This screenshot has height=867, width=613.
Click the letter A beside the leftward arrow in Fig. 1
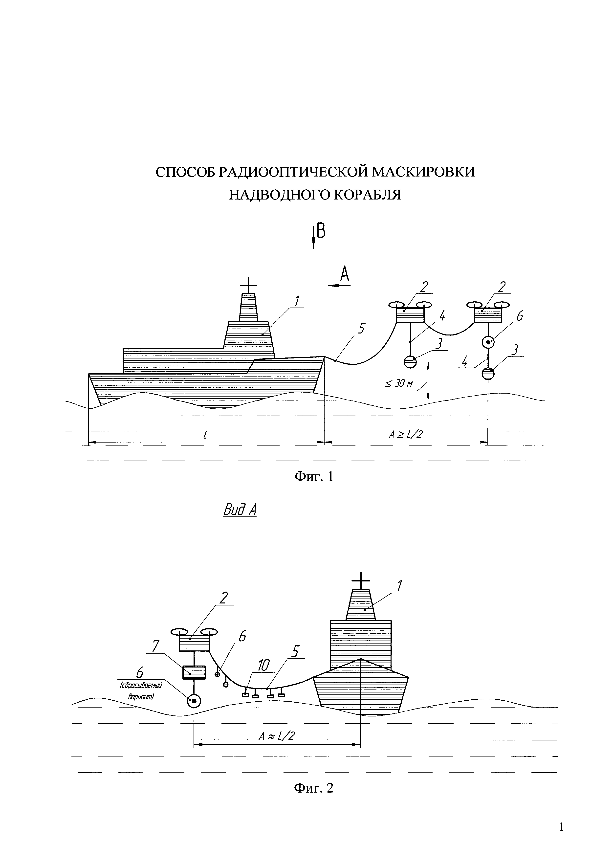point(344,274)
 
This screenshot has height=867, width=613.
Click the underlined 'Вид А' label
point(240,510)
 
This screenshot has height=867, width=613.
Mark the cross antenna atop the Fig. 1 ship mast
point(248,286)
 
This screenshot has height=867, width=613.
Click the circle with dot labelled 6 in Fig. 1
point(488,342)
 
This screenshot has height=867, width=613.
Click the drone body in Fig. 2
point(194,643)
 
